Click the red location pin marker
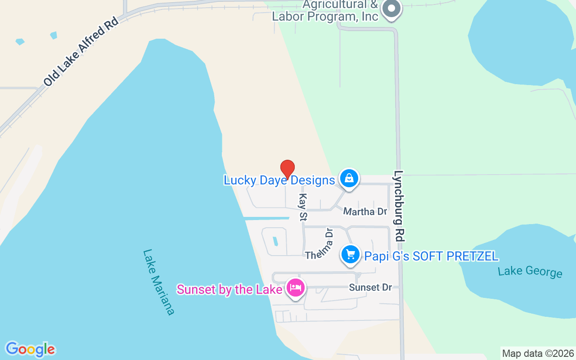[x=288, y=169]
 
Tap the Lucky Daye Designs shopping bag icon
[x=349, y=178]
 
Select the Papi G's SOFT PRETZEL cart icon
[x=351, y=255]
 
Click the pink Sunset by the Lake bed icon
[x=295, y=287]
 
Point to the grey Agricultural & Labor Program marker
[x=391, y=9]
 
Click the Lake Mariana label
[x=158, y=282]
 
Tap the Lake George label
[x=530, y=271]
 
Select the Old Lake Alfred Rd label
[x=81, y=52]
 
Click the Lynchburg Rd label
[x=399, y=205]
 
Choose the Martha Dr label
[x=365, y=211]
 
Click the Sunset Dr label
[x=370, y=287]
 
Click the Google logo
[x=30, y=349]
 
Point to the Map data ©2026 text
[x=538, y=353]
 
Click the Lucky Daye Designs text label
[x=279, y=180]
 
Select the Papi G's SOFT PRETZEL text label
[x=431, y=256]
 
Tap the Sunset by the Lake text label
[x=229, y=289]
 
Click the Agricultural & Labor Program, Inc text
[x=325, y=11]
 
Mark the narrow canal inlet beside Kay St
[x=266, y=218]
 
